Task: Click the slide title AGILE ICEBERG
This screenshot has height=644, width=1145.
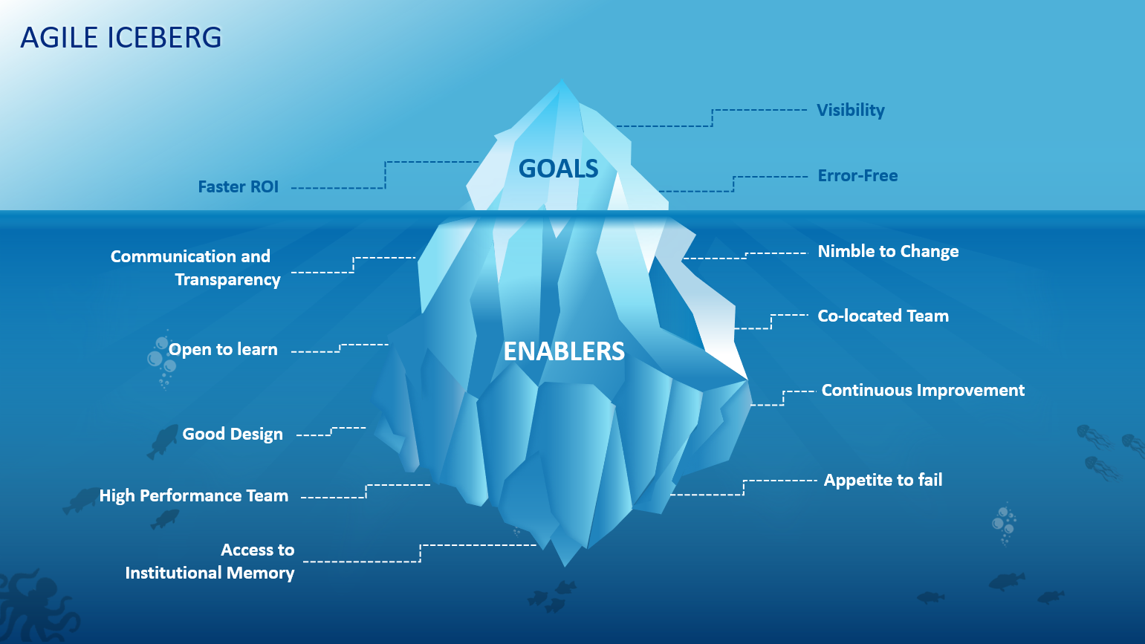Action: [x=120, y=38]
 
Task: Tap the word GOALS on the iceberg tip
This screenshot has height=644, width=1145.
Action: [x=558, y=169]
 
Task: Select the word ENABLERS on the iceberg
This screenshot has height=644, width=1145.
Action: [x=564, y=351]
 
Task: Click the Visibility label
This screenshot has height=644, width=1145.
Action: [x=851, y=111]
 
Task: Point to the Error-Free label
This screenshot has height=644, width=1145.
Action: [x=857, y=176]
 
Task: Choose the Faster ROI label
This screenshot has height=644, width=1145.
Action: [x=239, y=186]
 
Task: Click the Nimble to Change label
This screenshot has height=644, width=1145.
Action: [x=889, y=252]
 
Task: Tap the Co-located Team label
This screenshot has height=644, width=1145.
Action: [x=883, y=316]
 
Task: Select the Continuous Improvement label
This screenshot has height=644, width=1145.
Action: [x=923, y=391]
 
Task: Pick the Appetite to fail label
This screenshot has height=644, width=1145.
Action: [x=883, y=480]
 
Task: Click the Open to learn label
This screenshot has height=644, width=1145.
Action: [x=223, y=350]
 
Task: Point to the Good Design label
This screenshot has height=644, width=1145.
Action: [x=233, y=434]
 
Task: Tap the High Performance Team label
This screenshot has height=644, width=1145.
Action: [x=194, y=495]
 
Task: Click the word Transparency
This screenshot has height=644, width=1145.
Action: [x=227, y=280]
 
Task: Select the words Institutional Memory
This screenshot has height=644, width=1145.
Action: [x=210, y=573]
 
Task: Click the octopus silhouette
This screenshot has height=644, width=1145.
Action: [x=36, y=608]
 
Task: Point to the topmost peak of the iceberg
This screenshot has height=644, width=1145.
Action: [x=562, y=79]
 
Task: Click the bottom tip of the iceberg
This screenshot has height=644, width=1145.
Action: [x=565, y=566]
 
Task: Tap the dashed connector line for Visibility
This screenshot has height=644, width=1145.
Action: [x=712, y=117]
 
